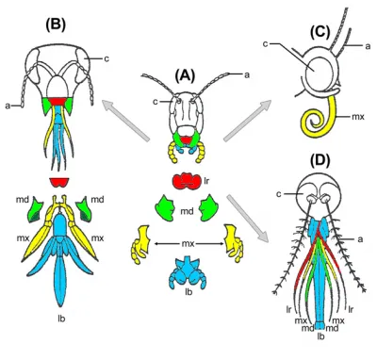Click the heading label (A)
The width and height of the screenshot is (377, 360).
tap(186, 75)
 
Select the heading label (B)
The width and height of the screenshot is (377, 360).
tap(56, 25)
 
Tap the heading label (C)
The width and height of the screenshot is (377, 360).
tap(320, 32)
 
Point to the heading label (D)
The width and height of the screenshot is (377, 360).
tap(320, 160)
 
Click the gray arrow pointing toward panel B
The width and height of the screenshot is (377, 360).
tap(125, 120)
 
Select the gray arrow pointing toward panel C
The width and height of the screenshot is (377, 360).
tap(247, 120)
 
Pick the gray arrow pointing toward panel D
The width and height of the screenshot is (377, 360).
tap(248, 219)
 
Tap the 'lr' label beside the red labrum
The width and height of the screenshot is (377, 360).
tap(206, 181)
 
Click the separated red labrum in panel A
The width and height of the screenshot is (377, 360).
tap(187, 181)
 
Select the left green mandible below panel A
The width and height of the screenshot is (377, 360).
tap(165, 208)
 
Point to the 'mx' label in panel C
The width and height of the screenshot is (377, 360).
tap(357, 117)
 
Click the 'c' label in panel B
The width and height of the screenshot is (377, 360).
tap(107, 58)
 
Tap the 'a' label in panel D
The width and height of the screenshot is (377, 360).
tap(360, 239)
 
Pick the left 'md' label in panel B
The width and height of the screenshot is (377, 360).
tap(24, 199)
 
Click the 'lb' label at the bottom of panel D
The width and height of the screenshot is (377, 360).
tap(320, 336)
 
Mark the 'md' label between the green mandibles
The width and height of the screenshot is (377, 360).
tap(187, 211)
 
